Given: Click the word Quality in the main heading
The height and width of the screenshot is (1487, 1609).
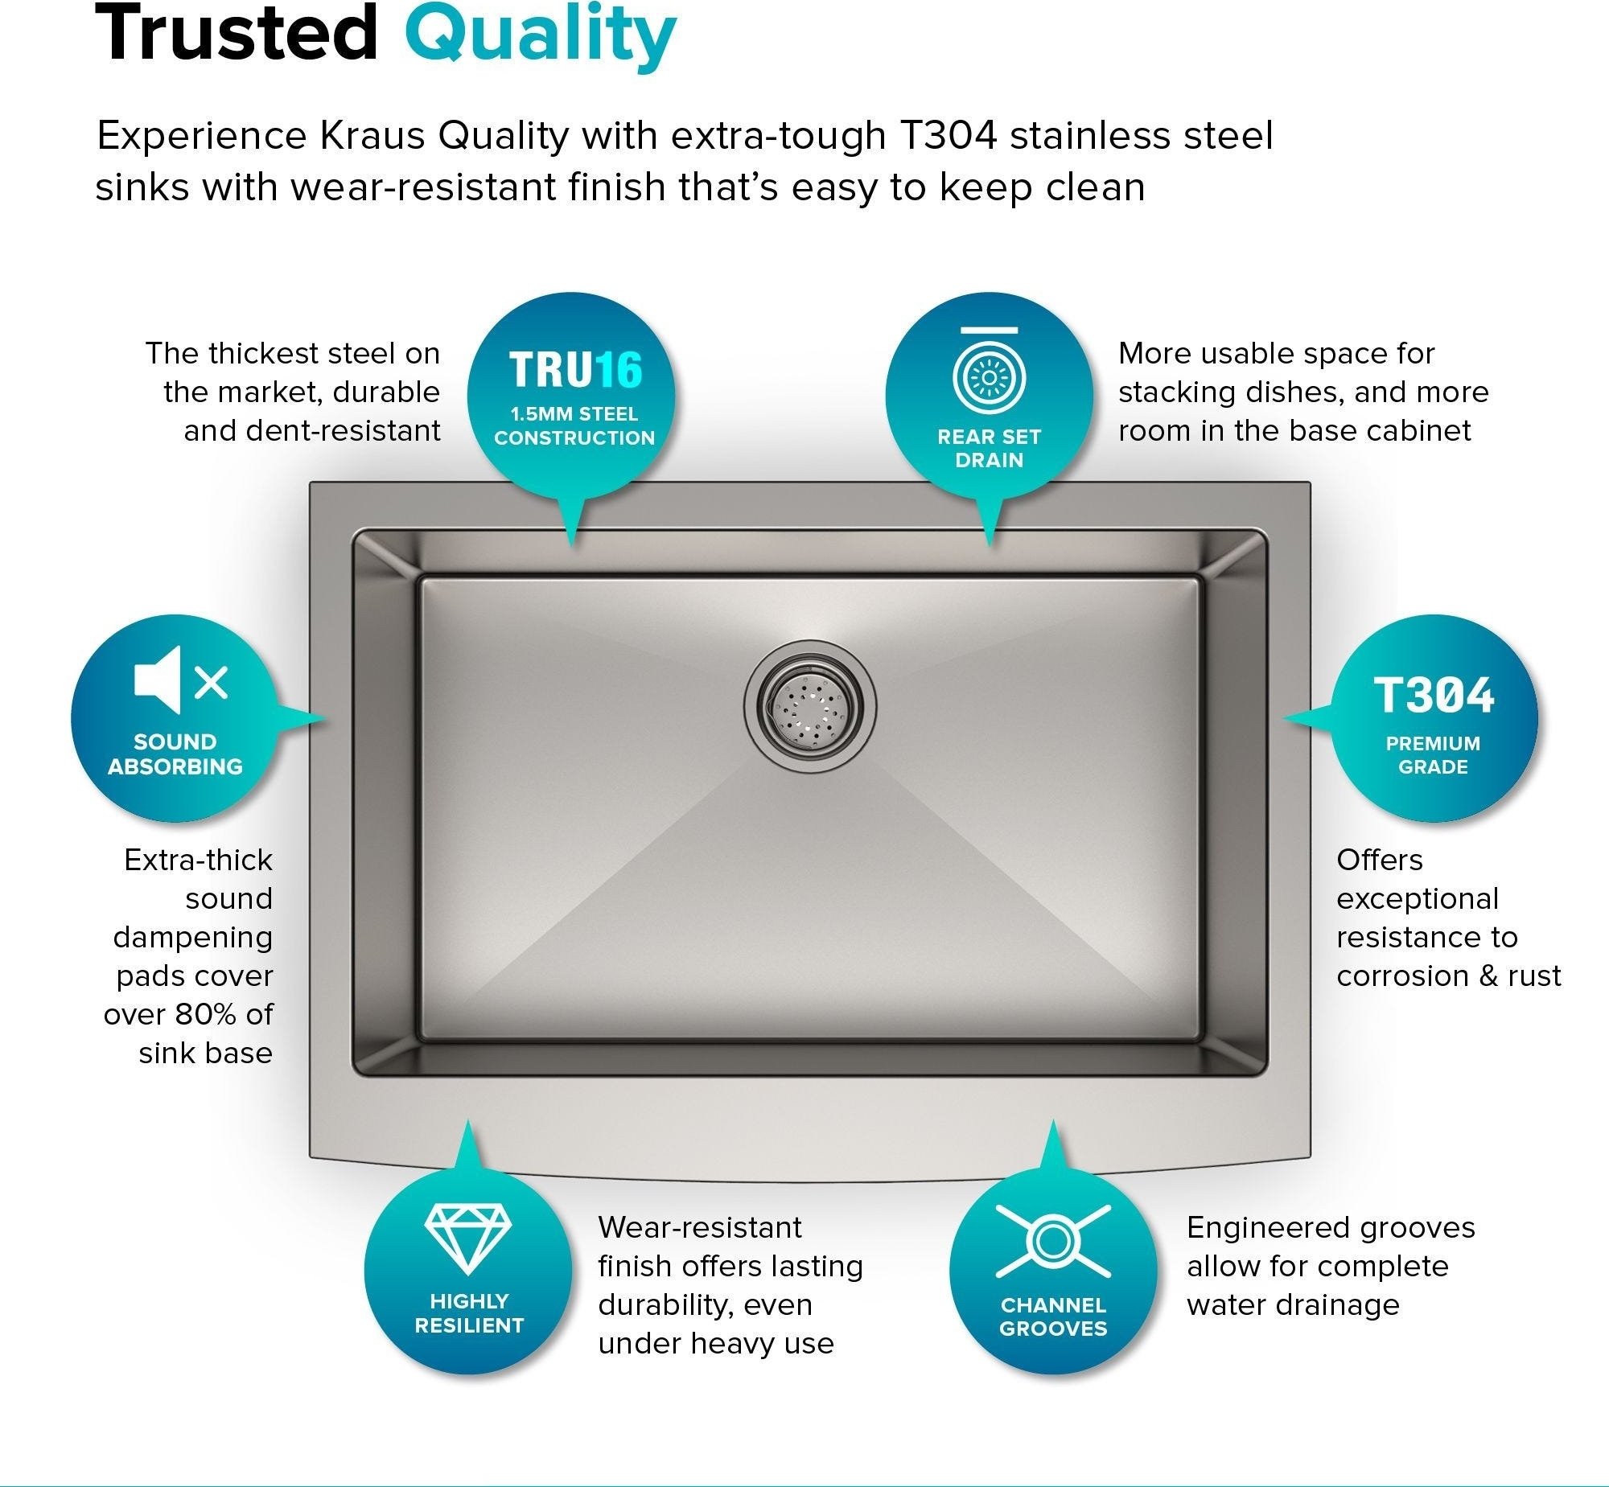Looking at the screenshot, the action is coord(540,35).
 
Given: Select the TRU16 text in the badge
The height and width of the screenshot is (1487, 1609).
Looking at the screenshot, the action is coord(575,369).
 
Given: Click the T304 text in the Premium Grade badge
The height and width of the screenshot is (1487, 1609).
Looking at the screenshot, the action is coord(1434,695).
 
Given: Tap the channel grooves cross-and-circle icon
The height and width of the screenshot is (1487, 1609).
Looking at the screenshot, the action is coord(1053,1242).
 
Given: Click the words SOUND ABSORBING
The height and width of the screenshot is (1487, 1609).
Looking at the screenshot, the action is coord(175,754).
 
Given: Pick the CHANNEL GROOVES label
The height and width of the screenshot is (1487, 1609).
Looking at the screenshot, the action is coord(1053,1317).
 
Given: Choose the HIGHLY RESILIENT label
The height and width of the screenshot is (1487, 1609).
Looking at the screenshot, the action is coord(469,1313).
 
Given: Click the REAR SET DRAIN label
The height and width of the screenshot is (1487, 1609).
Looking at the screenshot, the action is coord(990,448).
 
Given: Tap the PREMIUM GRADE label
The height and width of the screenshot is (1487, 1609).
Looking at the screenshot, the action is coord(1433,755).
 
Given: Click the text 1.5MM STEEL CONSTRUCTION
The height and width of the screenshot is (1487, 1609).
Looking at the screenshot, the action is coord(574,425).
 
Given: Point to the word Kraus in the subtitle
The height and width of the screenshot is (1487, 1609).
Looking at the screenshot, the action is coord(372,136).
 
